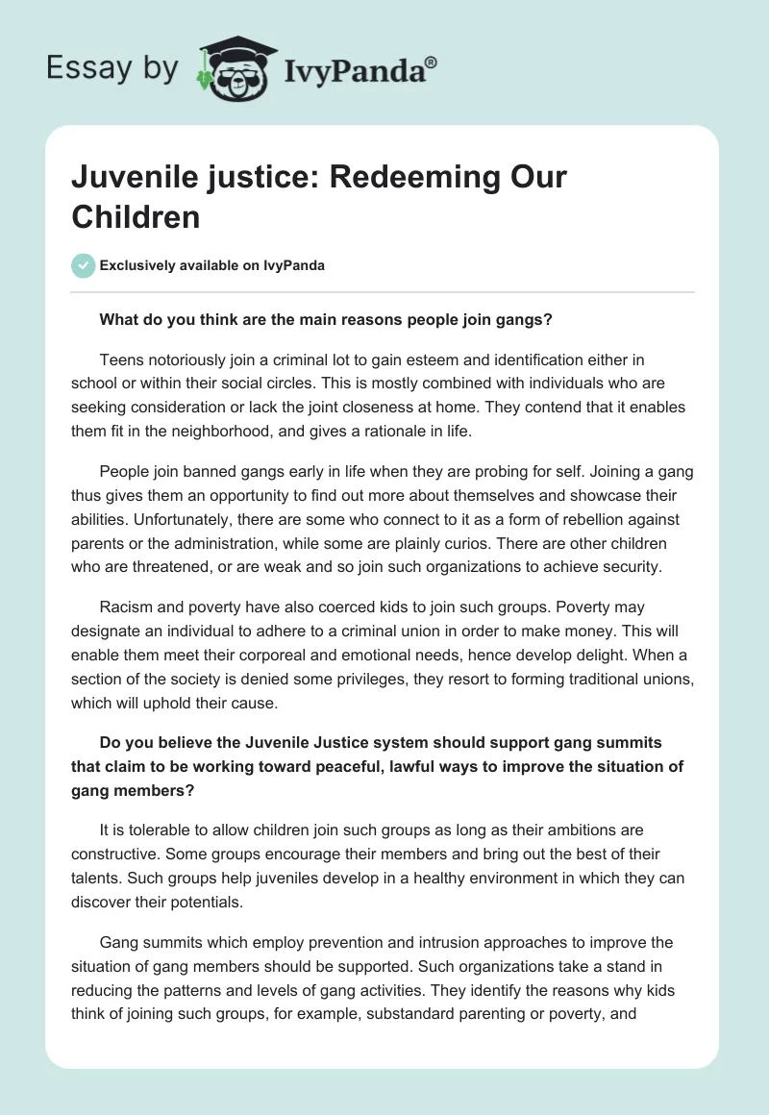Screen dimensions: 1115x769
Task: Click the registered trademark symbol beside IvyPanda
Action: pos(431,62)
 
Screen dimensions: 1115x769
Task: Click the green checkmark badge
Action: pos(84,265)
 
